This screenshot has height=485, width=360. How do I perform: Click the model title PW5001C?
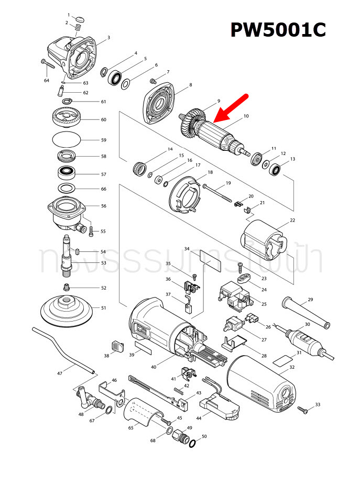278,30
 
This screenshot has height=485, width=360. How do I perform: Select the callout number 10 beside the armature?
246,115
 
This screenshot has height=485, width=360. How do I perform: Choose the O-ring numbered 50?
192,444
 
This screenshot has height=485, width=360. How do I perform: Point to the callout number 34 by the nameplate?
187,249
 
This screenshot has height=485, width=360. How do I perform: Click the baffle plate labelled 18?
183,196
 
